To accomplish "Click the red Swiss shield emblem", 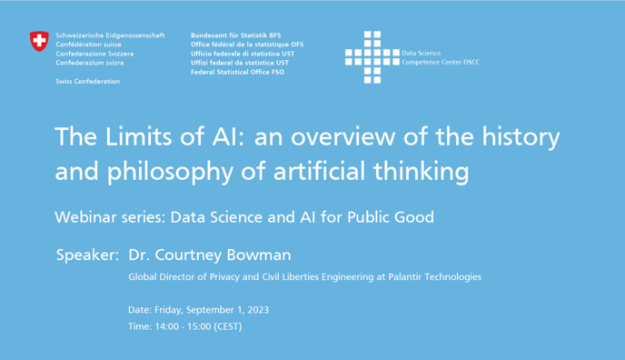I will [39, 41].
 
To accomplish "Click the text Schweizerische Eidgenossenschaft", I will [110, 35].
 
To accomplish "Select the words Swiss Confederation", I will [87, 82].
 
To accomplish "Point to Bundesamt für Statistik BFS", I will [235, 35].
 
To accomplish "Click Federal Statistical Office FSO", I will [237, 72].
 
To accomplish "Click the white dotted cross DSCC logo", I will [372, 57].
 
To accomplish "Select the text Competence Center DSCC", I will [441, 63].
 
